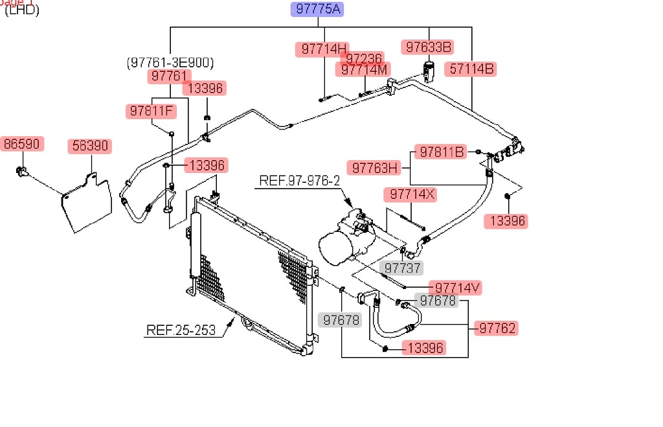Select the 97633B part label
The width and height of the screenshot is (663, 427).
(427, 47)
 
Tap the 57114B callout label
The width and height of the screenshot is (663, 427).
(471, 69)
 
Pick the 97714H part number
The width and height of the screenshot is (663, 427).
(322, 49)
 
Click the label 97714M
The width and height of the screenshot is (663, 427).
(364, 69)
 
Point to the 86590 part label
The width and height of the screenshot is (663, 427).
(21, 144)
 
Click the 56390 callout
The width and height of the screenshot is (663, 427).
(89, 146)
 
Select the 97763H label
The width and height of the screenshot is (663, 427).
(374, 168)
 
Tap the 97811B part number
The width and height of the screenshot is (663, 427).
(442, 152)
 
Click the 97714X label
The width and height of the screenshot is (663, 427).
(410, 194)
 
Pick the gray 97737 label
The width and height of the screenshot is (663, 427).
(402, 268)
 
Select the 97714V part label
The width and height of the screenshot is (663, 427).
(458, 288)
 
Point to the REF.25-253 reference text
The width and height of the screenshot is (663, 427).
(180, 330)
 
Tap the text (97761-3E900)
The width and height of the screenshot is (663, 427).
(170, 63)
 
